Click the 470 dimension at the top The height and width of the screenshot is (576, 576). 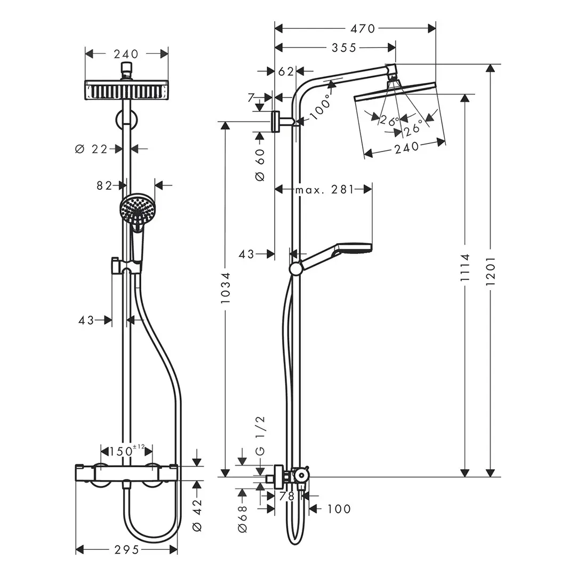(x=363, y=28)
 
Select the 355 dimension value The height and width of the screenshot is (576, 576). (x=344, y=48)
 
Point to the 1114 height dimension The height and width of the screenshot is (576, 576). (x=465, y=271)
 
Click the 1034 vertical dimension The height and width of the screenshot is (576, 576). (x=226, y=288)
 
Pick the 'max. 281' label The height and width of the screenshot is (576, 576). (x=324, y=189)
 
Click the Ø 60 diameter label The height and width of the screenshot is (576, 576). (x=260, y=164)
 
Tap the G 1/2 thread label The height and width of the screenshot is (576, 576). (x=260, y=436)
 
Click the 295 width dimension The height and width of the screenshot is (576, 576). (x=126, y=549)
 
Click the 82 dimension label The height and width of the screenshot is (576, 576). (x=105, y=185)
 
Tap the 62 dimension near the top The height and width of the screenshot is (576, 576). (x=286, y=71)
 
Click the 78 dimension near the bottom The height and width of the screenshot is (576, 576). (x=287, y=496)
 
